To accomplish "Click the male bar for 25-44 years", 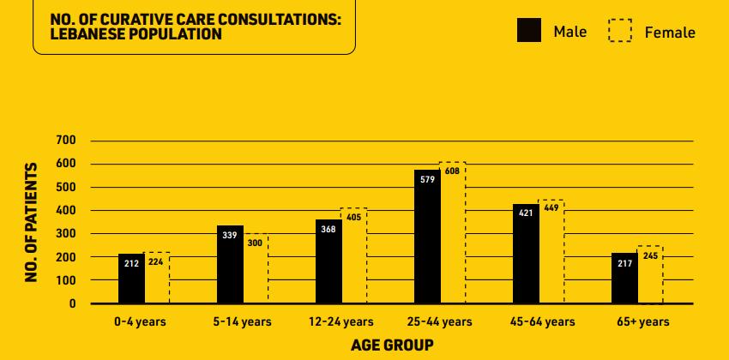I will pos(427,237).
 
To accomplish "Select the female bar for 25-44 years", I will pos(453,240).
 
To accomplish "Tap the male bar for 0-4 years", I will pos(131,279).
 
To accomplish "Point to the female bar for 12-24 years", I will pos(354,257).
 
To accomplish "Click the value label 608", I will pos(453,171).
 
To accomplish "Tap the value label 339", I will pos(230,235).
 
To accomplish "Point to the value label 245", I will pos(650,255).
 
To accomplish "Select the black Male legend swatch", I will pos(529,31).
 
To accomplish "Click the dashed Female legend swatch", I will pos(620,31).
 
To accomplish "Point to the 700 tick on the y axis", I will pos(66,140).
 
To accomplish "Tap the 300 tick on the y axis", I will pos(66,233).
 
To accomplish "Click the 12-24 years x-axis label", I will pos(341,322).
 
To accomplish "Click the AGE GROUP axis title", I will pos(392,345).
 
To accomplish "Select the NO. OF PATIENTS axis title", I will pos(32,222).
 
